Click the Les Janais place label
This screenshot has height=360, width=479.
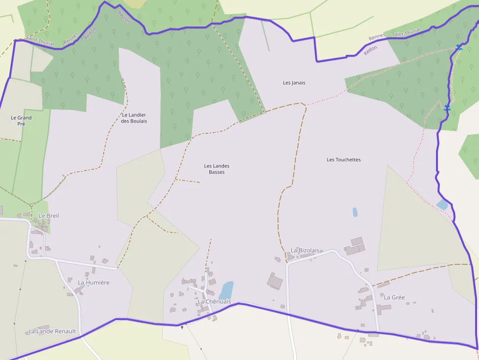294,83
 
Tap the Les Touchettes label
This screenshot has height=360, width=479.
344,160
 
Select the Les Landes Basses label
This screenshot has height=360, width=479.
217,169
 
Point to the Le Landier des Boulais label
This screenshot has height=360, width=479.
134,118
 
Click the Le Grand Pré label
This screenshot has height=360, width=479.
21,121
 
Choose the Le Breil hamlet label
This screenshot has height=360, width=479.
49,215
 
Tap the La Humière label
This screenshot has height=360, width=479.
94,282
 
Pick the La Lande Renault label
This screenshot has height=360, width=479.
52,331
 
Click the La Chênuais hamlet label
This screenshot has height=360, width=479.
214,302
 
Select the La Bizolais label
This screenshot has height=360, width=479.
305,251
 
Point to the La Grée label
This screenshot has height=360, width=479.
394,297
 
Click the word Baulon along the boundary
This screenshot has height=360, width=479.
124,17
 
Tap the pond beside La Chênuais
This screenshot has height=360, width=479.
226,290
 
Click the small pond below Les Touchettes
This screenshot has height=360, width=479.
355,212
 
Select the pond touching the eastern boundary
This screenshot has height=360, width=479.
442,205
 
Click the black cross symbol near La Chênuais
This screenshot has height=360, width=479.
182,327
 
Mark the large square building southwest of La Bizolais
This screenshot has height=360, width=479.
275,281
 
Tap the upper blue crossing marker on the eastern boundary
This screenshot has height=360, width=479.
458,47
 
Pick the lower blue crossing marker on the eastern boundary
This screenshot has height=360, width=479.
447,108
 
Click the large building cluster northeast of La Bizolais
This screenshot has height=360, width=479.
355,247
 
